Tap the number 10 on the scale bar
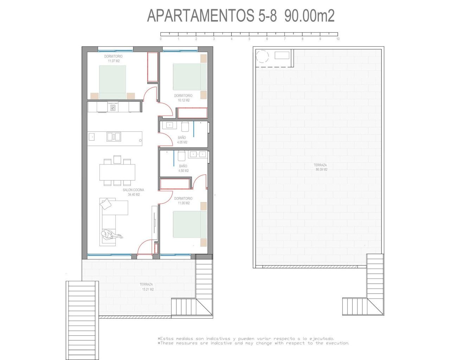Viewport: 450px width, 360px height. pos(338,39)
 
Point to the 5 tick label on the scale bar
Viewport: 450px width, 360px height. pos(249,39)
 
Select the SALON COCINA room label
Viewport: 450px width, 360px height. pos(133,190)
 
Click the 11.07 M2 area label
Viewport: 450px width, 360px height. pos(114,61)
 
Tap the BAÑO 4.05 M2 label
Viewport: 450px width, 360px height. pos(182,140)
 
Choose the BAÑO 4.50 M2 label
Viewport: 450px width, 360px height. pos(183,168)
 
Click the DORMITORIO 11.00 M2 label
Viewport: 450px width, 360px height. pos(183,201)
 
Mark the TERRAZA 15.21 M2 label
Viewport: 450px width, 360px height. pos(147,287)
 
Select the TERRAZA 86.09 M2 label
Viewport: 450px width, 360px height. pos(320,167)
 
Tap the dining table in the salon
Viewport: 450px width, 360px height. pos(117,172)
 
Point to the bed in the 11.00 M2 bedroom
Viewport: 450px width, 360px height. pos(190,224)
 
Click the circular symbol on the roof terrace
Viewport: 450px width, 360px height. pos(262,56)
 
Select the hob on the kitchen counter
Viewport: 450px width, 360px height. pos(113,108)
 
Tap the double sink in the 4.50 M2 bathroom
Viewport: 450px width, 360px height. pos(198,154)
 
